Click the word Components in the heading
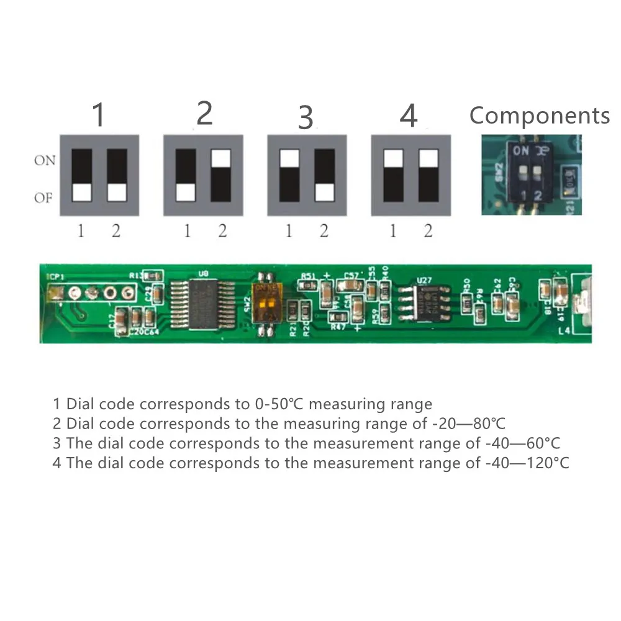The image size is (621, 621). click(x=540, y=116)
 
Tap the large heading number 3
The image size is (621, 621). click(x=306, y=118)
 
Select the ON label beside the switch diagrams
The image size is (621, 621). click(x=45, y=161)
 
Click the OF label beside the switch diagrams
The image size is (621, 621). click(x=44, y=199)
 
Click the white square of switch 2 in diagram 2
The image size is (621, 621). click(x=220, y=158)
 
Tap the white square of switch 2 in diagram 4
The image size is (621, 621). click(x=428, y=158)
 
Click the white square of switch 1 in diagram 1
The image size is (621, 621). click(x=82, y=192)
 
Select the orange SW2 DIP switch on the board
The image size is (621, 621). click(x=265, y=301)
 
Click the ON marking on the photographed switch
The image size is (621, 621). click(x=521, y=150)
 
